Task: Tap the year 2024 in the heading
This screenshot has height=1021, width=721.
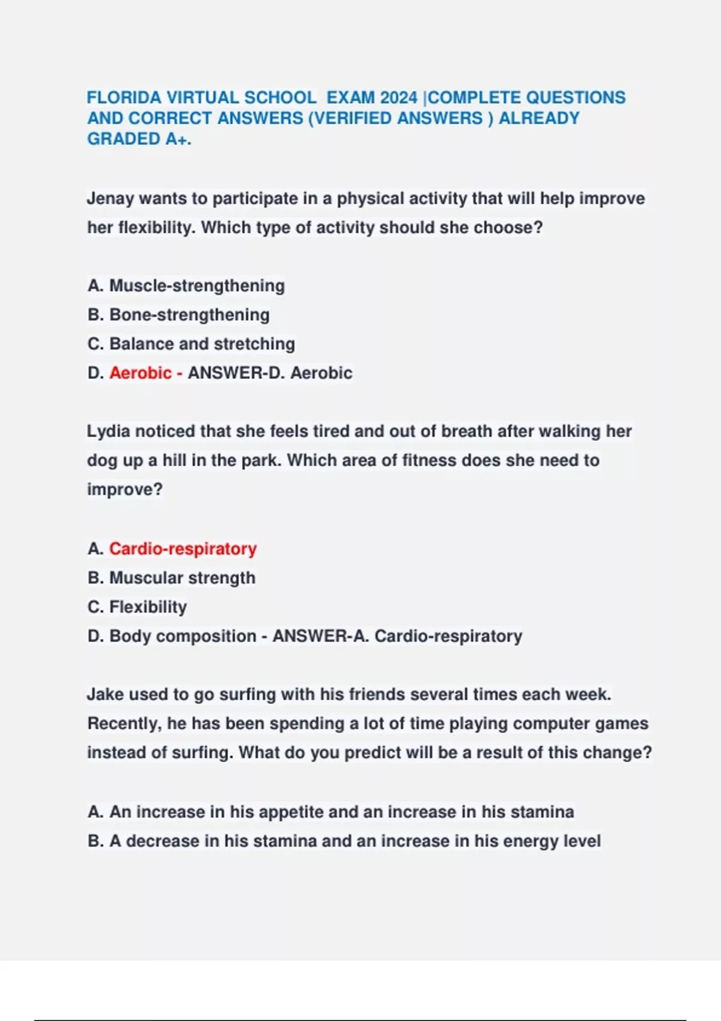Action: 398,97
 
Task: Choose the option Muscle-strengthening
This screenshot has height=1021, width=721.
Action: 196,286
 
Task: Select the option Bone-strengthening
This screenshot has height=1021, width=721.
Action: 189,315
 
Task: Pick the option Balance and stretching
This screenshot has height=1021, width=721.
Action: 202,344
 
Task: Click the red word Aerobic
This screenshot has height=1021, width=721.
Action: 141,373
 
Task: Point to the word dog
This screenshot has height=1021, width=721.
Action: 101,461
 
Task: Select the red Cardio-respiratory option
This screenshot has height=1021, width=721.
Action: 183,549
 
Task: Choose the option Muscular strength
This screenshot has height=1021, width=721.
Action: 182,578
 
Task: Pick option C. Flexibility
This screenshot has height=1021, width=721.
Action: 148,607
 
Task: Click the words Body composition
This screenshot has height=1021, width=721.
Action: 183,636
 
